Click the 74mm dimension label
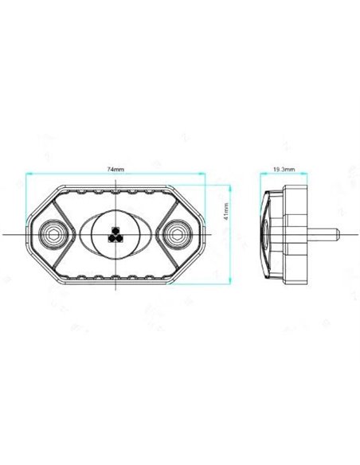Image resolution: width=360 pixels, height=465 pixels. click(115, 170)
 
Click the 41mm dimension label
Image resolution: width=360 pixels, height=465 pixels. click(226, 212)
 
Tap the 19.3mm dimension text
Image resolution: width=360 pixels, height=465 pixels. click(284, 170)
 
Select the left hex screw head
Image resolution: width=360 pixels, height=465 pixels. click(53, 234)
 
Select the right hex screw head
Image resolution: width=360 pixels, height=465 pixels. click(178, 234)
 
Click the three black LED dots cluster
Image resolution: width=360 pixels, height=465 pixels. click(115, 235)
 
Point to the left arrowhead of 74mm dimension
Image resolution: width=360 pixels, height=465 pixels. click(28, 174)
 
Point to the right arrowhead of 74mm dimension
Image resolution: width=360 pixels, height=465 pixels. click(202, 174)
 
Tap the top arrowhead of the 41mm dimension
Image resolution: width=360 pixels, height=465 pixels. click(230, 187)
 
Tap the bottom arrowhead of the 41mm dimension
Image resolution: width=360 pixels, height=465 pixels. click(230, 281)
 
